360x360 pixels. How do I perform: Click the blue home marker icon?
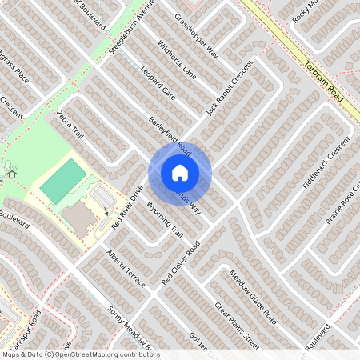(x=180, y=173)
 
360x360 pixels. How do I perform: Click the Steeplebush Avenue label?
(x=132, y=32)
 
